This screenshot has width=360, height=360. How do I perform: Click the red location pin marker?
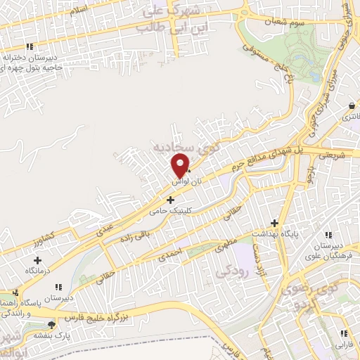pos(181,165)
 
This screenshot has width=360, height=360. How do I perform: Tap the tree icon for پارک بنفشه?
pos(51,324)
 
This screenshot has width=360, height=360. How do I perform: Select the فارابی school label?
pos(343,345)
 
